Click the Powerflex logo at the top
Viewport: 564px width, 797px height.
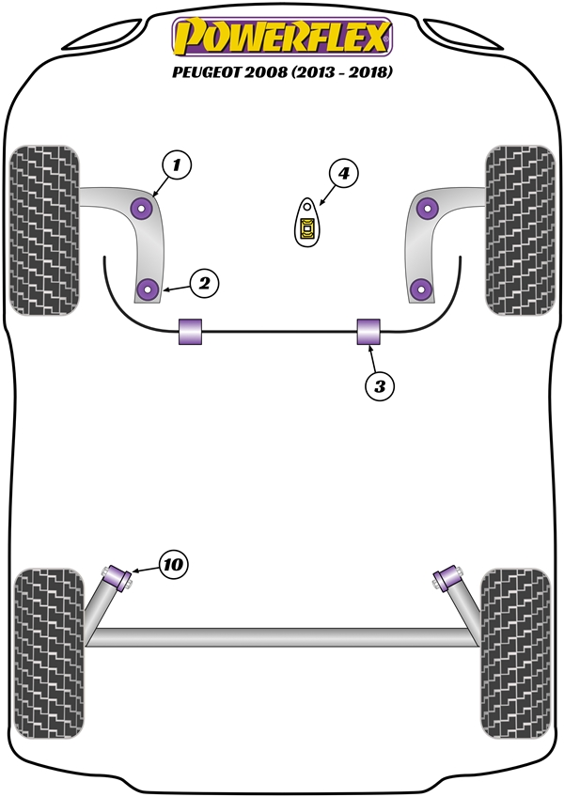(282, 37)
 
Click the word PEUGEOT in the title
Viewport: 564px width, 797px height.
(207, 72)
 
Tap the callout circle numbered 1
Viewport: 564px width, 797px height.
(177, 165)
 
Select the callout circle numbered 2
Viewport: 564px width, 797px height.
(204, 284)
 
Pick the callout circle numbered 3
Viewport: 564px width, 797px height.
(380, 386)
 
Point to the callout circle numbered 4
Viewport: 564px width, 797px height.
(344, 174)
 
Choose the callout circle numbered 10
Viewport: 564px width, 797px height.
(173, 564)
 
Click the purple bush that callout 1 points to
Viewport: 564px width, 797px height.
(141, 208)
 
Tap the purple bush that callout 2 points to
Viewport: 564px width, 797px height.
(149, 289)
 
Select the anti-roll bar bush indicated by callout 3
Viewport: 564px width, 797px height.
(368, 332)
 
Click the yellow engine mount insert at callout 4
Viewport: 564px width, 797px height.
(307, 228)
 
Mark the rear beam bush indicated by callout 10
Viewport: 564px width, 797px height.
(118, 578)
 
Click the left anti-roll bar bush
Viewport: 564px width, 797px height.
(190, 332)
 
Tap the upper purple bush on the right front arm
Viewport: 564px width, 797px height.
(427, 208)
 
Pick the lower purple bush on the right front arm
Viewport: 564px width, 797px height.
(420, 289)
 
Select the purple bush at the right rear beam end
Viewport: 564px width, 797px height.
(447, 578)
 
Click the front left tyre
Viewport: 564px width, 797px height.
(44, 230)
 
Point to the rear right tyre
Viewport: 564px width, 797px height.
(516, 653)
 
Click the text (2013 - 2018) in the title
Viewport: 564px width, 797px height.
(342, 72)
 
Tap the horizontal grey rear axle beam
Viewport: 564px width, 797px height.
(283, 637)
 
